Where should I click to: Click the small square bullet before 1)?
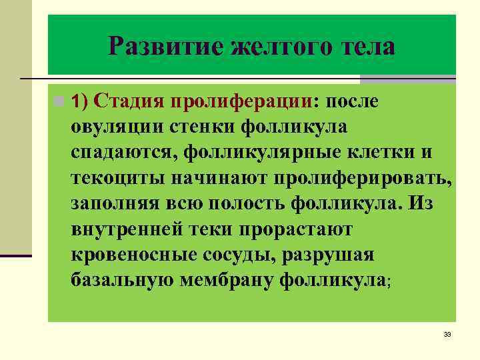coord(60,101)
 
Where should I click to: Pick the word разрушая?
coord(331,255)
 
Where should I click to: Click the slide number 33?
coord(447,334)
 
